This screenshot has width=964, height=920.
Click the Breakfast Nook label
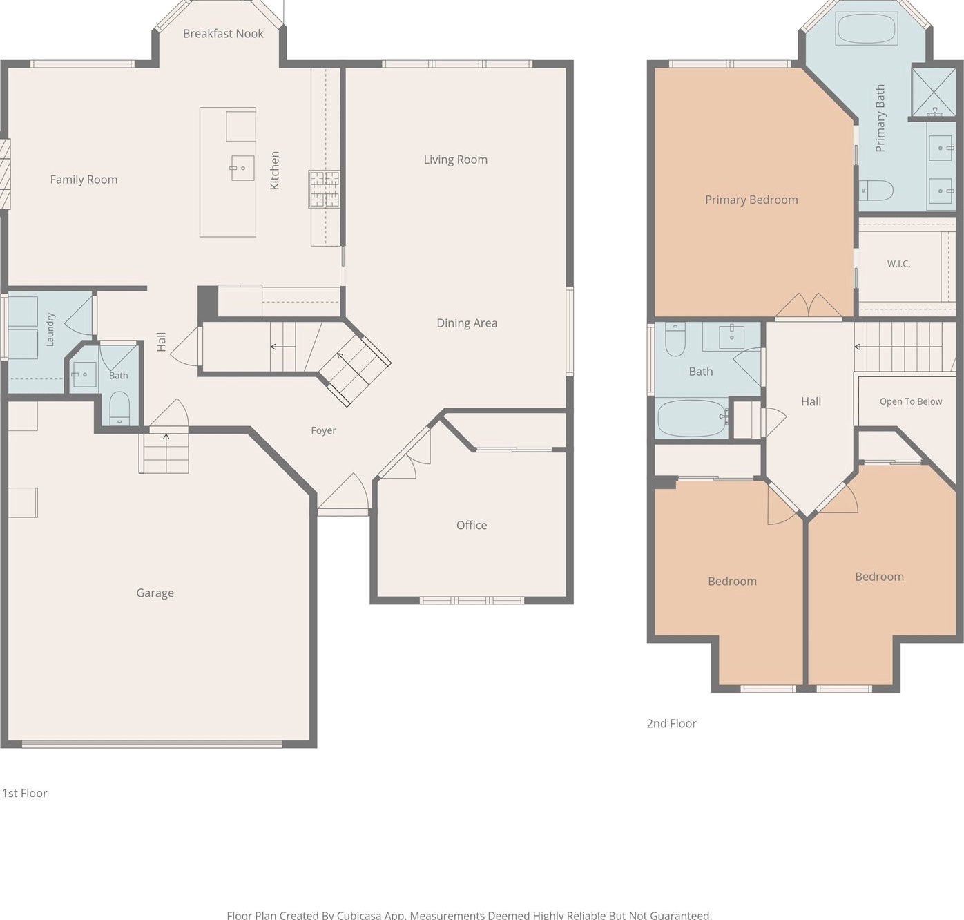[223, 34]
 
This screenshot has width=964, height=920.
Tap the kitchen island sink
[242, 169]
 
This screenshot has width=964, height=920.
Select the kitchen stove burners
[324, 189]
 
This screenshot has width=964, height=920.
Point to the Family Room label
[84, 180]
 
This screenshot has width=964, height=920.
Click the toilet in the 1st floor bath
[119, 408]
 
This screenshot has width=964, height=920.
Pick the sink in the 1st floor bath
[84, 374]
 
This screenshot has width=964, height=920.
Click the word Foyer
[324, 430]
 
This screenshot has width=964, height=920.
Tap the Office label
[472, 525]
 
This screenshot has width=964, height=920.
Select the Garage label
[155, 593]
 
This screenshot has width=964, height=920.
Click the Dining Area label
[467, 323]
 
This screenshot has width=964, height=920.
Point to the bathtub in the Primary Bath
[867, 28]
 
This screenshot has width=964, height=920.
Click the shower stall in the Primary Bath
[934, 92]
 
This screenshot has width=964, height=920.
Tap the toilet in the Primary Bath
[876, 190]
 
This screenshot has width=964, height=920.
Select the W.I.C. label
[899, 264]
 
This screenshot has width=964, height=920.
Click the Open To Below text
[911, 402]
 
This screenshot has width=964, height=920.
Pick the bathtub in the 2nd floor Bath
[691, 419]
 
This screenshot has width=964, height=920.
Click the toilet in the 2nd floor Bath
[675, 339]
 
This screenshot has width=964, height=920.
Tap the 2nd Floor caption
[671, 723]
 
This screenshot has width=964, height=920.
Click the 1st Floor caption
[25, 793]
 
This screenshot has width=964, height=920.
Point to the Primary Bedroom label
[751, 200]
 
